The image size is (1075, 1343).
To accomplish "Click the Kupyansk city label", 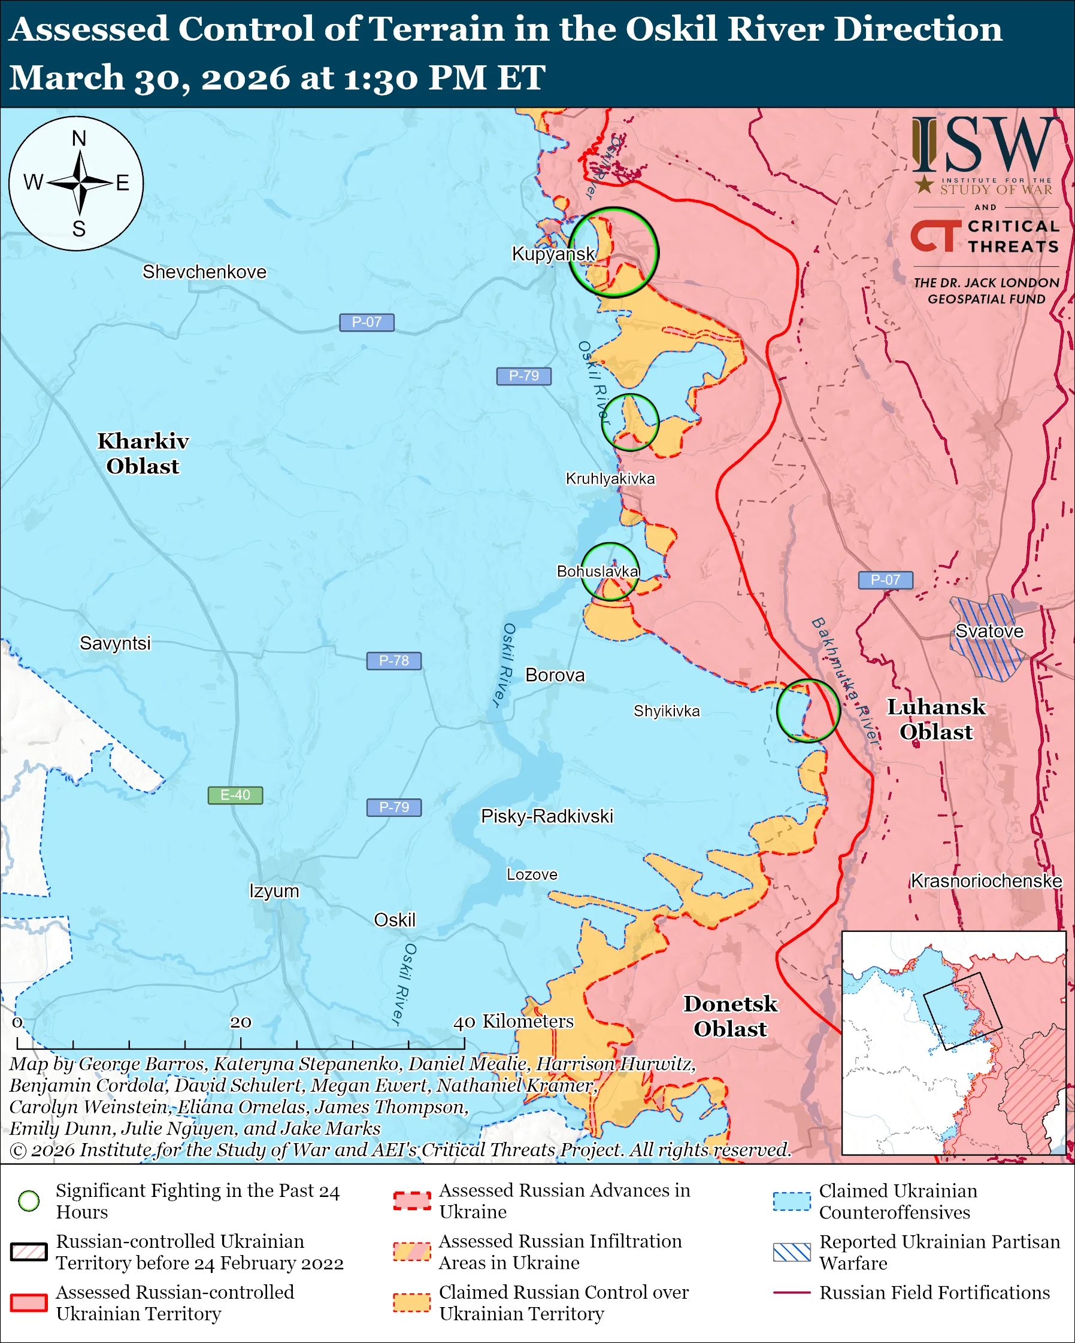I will (553, 254).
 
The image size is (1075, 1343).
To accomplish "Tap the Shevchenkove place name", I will (204, 272).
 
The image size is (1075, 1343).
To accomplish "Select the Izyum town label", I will (274, 891).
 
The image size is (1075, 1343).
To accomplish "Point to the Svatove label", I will (989, 631).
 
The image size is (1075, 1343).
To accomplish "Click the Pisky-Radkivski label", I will (547, 816).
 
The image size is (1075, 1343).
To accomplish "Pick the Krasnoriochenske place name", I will (986, 881).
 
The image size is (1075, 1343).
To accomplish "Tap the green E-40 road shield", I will (235, 795).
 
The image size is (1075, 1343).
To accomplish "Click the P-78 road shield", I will (394, 660).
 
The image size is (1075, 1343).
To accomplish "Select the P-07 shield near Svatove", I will (885, 580).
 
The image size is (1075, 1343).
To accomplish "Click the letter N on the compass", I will (79, 138).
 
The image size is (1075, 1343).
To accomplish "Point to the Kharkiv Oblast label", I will (143, 454).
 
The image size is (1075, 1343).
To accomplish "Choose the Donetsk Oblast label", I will (731, 1016).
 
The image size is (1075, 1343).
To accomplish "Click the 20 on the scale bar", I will (241, 1022).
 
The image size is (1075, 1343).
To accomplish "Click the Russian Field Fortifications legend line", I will (792, 1293).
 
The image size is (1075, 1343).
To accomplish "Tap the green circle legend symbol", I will (29, 1201).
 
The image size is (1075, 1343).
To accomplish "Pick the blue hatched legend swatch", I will (792, 1252).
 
